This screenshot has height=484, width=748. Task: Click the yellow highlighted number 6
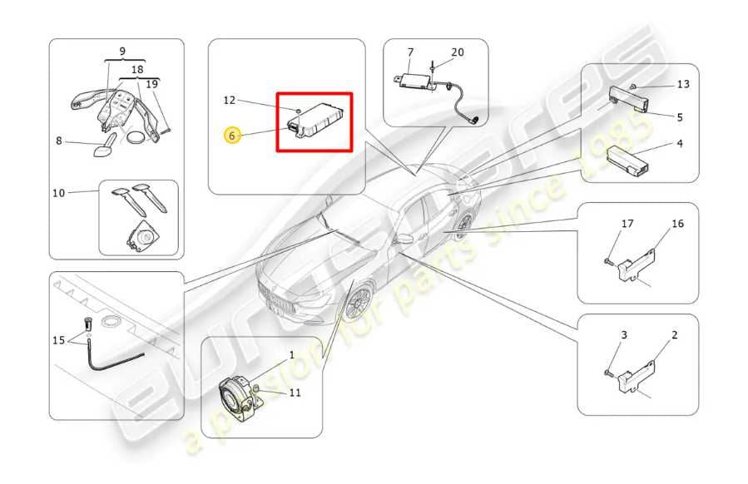232,135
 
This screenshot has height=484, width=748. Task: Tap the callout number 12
230,101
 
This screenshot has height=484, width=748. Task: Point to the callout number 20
458,52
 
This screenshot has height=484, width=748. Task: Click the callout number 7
410,52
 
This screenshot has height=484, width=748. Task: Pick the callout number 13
682,84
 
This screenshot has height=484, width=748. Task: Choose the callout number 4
679,144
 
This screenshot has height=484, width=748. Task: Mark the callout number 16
677,224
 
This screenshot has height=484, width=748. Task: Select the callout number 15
58,339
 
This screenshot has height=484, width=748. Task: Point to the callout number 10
58,193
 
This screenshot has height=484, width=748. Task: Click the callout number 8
59,141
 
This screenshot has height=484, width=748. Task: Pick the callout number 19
151,84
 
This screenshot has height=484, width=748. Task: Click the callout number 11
295,393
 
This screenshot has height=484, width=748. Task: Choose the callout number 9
121,52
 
